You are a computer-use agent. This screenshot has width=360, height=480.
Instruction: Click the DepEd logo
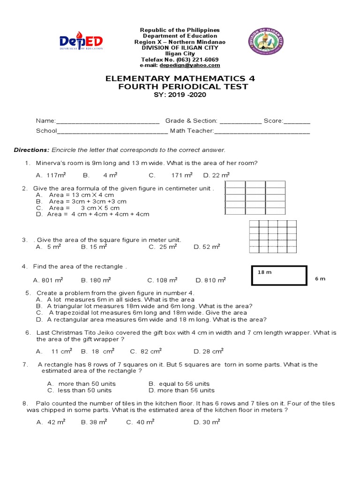[x=81, y=43]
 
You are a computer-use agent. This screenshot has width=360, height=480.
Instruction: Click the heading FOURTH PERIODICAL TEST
[x=180, y=87]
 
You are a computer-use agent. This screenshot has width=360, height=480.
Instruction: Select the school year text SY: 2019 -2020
[x=180, y=95]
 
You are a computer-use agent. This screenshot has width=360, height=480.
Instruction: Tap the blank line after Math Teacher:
[x=262, y=131]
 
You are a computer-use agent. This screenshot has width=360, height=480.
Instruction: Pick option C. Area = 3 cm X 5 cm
[x=77, y=208]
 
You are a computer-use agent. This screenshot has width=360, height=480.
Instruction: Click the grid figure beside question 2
[x=255, y=198]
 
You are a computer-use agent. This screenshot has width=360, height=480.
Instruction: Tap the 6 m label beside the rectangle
[x=320, y=279]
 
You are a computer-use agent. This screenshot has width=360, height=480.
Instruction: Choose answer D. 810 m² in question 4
[x=210, y=280]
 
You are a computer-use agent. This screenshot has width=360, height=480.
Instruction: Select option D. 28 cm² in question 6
[x=209, y=351]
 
